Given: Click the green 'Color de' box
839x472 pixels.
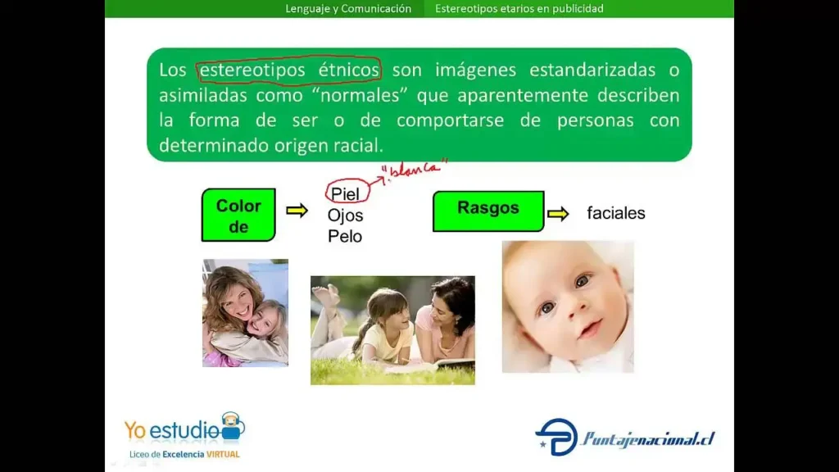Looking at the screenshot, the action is [238, 215].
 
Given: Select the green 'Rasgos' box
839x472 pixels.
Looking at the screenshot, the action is [488, 211].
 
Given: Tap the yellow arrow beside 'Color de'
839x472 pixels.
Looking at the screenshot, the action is [297, 211].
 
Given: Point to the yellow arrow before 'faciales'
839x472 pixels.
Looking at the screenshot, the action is [558, 214].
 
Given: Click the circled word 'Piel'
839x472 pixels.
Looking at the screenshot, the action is [345, 194].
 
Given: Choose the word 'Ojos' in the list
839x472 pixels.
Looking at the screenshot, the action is [345, 216].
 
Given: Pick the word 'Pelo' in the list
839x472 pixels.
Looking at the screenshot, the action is [345, 236].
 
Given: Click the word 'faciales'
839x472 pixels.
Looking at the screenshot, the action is [616, 213].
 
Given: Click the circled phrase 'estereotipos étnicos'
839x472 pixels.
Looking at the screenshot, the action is [289, 70].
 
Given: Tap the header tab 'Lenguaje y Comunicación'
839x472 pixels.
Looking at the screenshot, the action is [348, 8].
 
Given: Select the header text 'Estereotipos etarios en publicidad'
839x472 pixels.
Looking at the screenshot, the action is [519, 8].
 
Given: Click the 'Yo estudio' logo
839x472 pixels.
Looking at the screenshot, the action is [184, 428].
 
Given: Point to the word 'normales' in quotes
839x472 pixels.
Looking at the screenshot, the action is [360, 95].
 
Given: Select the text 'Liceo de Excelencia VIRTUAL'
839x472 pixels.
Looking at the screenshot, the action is [184, 454].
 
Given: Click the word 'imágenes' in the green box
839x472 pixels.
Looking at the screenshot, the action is [476, 70].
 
